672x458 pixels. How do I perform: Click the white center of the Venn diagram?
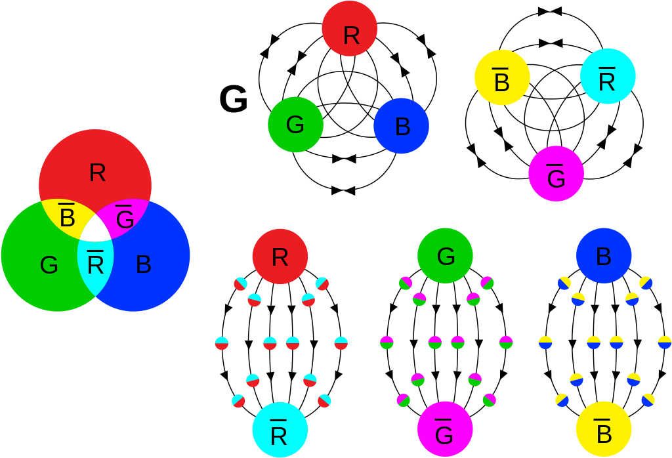(96, 228)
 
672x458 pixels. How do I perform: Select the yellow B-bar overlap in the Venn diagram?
(66, 217)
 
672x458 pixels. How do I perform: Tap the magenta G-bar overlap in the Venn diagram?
(125, 217)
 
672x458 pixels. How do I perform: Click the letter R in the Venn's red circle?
(97, 173)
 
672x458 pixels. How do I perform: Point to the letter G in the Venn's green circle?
(49, 265)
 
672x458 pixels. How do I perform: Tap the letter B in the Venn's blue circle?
(144, 264)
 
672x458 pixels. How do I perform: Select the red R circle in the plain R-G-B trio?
(350, 29)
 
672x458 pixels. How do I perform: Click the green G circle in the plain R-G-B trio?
(295, 125)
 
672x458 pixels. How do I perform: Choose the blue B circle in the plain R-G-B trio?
(401, 126)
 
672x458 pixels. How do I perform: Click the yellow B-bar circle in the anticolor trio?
(502, 77)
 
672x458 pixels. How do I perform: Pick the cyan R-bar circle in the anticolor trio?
(608, 76)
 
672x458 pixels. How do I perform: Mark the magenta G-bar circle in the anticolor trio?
(556, 173)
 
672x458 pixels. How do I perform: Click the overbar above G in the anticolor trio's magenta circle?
(555, 165)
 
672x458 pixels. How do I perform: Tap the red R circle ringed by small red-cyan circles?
(280, 257)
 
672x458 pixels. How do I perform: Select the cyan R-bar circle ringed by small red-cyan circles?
(280, 430)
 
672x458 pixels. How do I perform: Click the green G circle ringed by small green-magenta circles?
(446, 256)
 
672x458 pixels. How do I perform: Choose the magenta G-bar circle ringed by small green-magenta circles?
(445, 429)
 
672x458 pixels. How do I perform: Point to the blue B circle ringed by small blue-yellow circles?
(604, 256)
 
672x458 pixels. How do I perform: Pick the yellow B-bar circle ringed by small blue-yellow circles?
(604, 429)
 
